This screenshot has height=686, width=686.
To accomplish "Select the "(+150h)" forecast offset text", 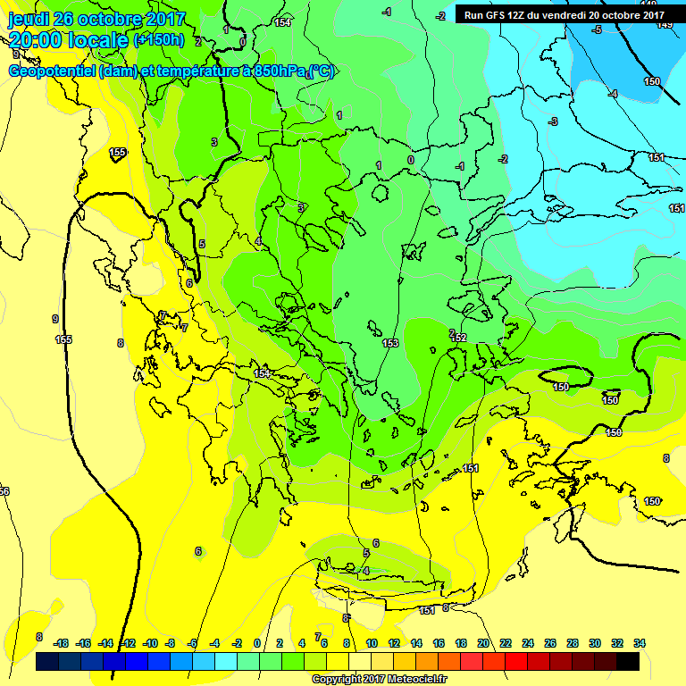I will (x=158, y=40).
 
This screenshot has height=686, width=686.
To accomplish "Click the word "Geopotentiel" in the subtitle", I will (x=52, y=71).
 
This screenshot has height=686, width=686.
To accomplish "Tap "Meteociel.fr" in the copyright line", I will (x=416, y=680).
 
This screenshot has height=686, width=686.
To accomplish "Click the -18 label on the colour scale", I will (x=62, y=643).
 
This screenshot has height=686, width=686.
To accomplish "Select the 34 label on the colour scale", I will (x=639, y=643).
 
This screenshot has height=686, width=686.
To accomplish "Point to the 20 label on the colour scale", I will (x=483, y=643).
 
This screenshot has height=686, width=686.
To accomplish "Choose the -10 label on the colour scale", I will (x=150, y=643).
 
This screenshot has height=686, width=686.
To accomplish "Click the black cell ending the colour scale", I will (x=628, y=662).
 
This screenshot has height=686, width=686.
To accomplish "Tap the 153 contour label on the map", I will (x=390, y=343).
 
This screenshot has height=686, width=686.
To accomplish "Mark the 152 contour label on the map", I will (x=459, y=338).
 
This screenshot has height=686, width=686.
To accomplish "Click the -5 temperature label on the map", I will (x=597, y=29).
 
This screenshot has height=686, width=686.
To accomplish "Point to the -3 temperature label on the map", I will (x=553, y=121).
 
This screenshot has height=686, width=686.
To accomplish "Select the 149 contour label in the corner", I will (x=664, y=25).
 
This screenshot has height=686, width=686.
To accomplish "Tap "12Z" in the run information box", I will (x=516, y=14).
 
